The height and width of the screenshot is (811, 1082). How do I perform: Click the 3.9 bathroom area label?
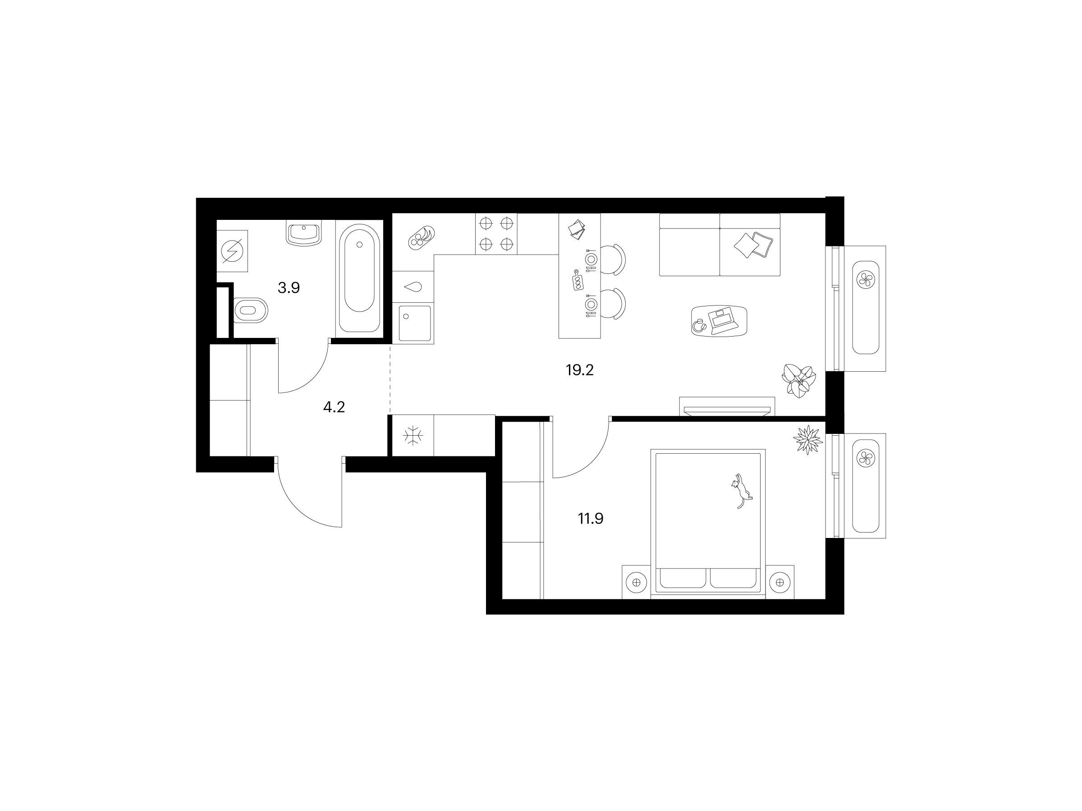tap(289, 288)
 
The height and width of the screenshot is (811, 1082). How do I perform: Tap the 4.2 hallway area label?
tap(334, 407)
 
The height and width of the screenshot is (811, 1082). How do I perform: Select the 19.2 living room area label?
tap(580, 370)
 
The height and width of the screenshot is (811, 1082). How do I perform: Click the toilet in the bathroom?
tap(251, 310)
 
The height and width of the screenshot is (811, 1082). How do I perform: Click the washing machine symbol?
tap(232, 251)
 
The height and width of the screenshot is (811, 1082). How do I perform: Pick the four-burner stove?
tap(496, 234)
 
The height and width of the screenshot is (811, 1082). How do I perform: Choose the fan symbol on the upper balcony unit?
tap(865, 280)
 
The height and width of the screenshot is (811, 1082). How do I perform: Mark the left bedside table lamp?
tap(636, 582)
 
